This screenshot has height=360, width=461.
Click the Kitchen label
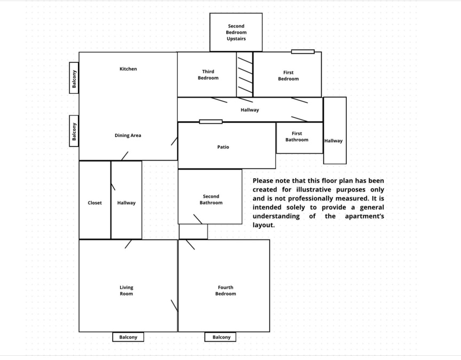pyautogui.click(x=128, y=69)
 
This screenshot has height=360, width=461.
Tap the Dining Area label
pyautogui.click(x=128, y=135)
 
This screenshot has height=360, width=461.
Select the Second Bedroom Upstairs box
pyautogui.click(x=236, y=33)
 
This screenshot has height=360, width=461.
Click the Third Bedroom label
pyautogui.click(x=208, y=75)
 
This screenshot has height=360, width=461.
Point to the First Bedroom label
pyautogui.click(x=289, y=76)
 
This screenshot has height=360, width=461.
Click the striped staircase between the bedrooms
pyautogui.click(x=244, y=75)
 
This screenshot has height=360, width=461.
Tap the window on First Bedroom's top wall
pyautogui.click(x=303, y=52)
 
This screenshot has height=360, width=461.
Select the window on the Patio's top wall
pyautogui.click(x=211, y=122)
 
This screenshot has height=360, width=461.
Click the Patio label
pyautogui.click(x=223, y=147)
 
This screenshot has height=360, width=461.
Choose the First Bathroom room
pyautogui.click(x=299, y=138)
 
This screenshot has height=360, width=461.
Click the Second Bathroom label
pyautogui.click(x=211, y=199)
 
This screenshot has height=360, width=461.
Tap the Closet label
pyautogui.click(x=94, y=203)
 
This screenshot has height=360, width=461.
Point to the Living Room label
pyautogui.click(x=126, y=290)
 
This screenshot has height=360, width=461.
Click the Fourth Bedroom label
pyautogui.click(x=226, y=290)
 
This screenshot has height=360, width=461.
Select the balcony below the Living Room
pyautogui.click(x=128, y=337)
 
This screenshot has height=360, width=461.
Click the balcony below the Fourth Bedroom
pyautogui.click(x=220, y=337)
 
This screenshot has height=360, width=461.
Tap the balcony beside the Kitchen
pyautogui.click(x=74, y=78)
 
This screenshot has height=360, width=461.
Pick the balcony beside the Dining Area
pyautogui.click(x=74, y=131)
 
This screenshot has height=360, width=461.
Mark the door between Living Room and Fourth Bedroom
pyautogui.click(x=174, y=306)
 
